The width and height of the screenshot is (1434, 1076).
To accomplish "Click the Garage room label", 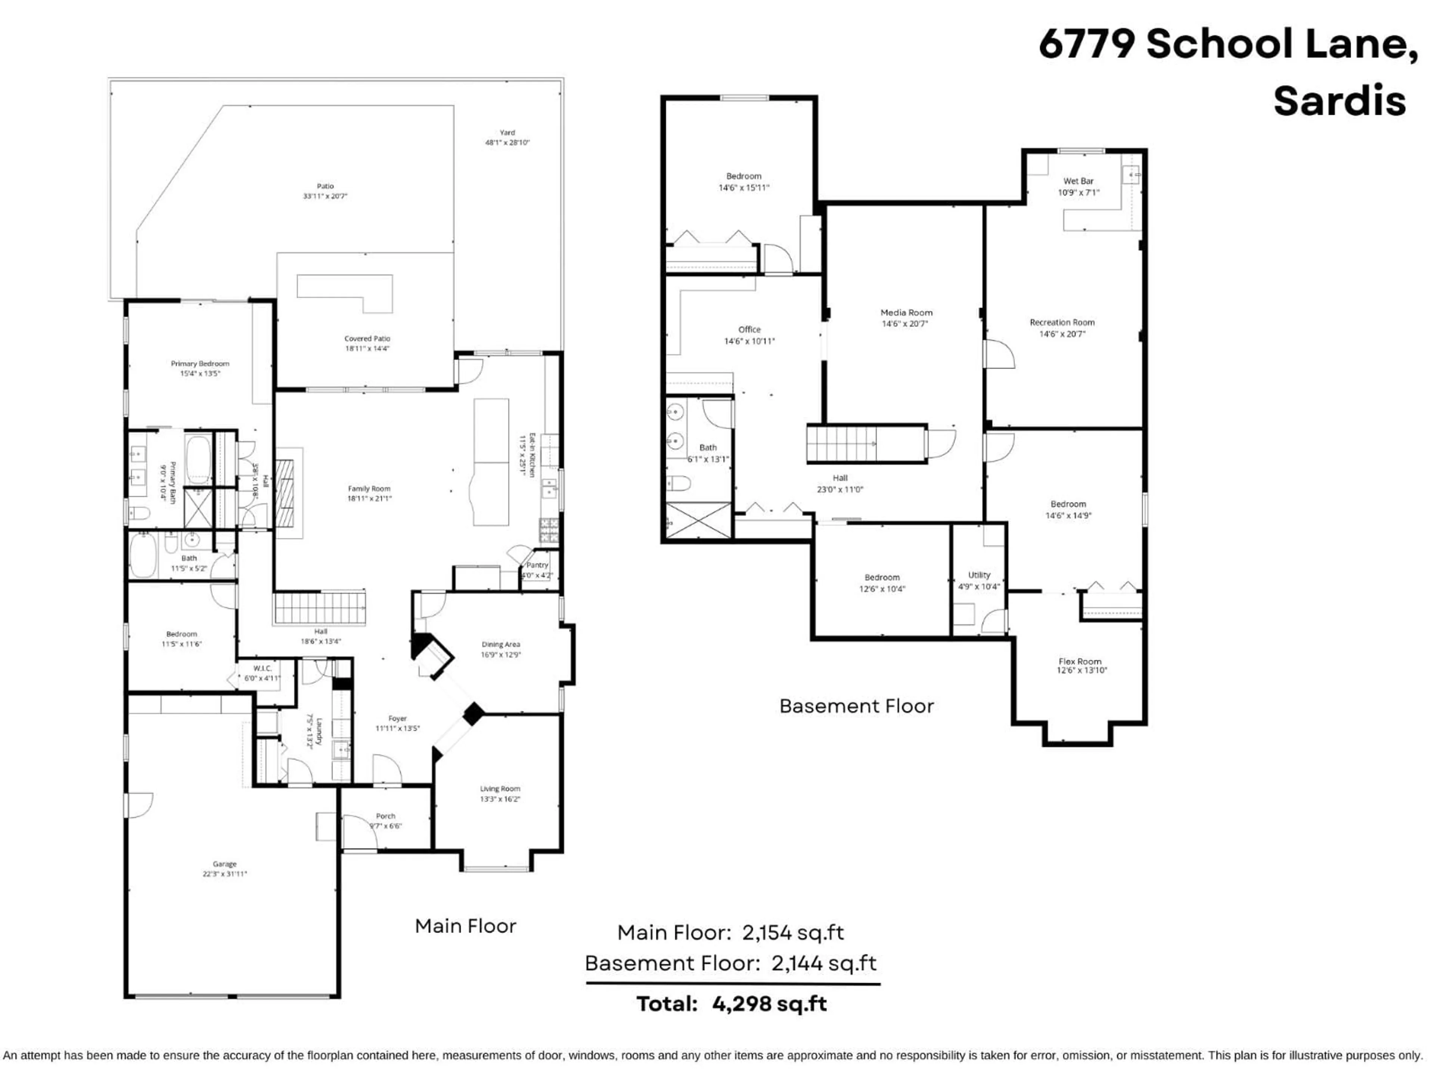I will point(224,864).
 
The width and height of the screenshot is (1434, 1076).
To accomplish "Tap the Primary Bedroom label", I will point(200,364).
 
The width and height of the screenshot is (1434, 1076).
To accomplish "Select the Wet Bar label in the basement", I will point(1078,181).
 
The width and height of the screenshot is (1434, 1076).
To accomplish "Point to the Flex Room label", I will point(1080,662).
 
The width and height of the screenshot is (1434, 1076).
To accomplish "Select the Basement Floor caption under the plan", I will point(856,706).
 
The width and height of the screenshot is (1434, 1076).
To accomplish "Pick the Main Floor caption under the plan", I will point(465,926).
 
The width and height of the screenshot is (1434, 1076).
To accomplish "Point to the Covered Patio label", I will point(367,338).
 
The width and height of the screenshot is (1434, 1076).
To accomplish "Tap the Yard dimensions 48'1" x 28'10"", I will point(507,143).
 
